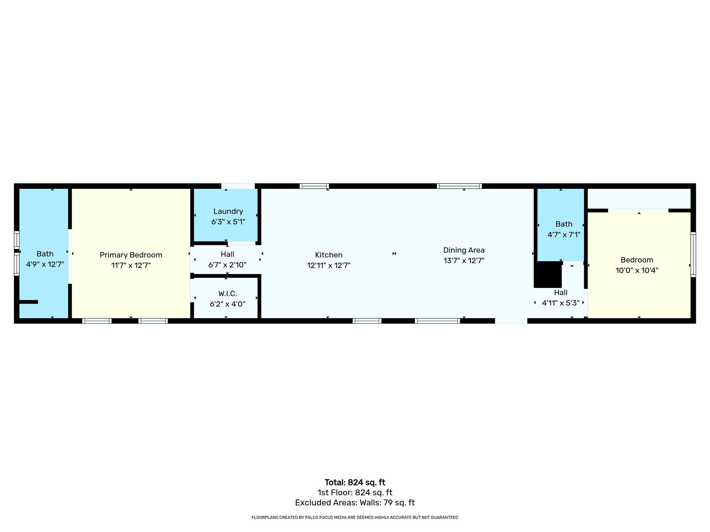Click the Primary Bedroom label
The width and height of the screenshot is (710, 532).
[131, 255]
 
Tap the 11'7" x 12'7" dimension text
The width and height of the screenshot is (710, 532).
[131, 266]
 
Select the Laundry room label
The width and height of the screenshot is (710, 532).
[228, 211]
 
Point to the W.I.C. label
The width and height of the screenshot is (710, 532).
[227, 294]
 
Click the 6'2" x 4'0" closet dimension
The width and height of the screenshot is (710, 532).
[227, 304]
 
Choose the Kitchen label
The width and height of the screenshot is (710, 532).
[329, 255]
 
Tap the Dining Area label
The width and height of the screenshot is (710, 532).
[464, 250]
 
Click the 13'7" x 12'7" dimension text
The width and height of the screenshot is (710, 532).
[464, 260]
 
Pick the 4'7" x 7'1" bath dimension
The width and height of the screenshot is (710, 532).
[564, 235]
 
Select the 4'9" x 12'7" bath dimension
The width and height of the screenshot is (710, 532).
[45, 265]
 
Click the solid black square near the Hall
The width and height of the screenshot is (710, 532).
[547, 275]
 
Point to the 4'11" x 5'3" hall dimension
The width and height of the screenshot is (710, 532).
[561, 303]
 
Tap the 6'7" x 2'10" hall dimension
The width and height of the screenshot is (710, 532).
[227, 265]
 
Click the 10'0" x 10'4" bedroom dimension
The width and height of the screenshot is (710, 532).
[637, 271]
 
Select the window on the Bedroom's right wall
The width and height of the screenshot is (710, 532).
[693, 255]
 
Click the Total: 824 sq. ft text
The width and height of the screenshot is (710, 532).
[355, 482]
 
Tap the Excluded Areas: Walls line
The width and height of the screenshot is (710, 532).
[355, 503]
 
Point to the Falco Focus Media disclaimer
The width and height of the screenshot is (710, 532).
[355, 517]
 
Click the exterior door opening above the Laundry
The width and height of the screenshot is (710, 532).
[238, 186]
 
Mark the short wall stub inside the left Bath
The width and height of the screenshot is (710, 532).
[28, 302]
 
